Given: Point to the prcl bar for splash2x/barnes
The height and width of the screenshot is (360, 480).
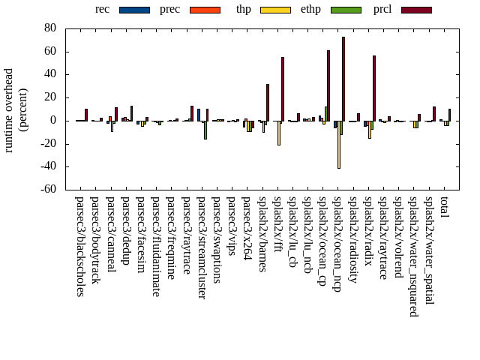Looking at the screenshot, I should click(268, 102).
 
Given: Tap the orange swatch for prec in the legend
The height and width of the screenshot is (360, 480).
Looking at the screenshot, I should click(204, 10).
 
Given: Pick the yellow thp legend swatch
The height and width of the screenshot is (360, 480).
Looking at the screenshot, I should click(274, 10).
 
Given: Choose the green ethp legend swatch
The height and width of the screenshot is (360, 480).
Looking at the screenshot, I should click(345, 10).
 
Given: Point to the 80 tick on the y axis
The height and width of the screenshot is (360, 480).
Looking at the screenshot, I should click(50, 28).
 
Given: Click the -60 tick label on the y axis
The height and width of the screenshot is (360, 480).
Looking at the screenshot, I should click(48, 190).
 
